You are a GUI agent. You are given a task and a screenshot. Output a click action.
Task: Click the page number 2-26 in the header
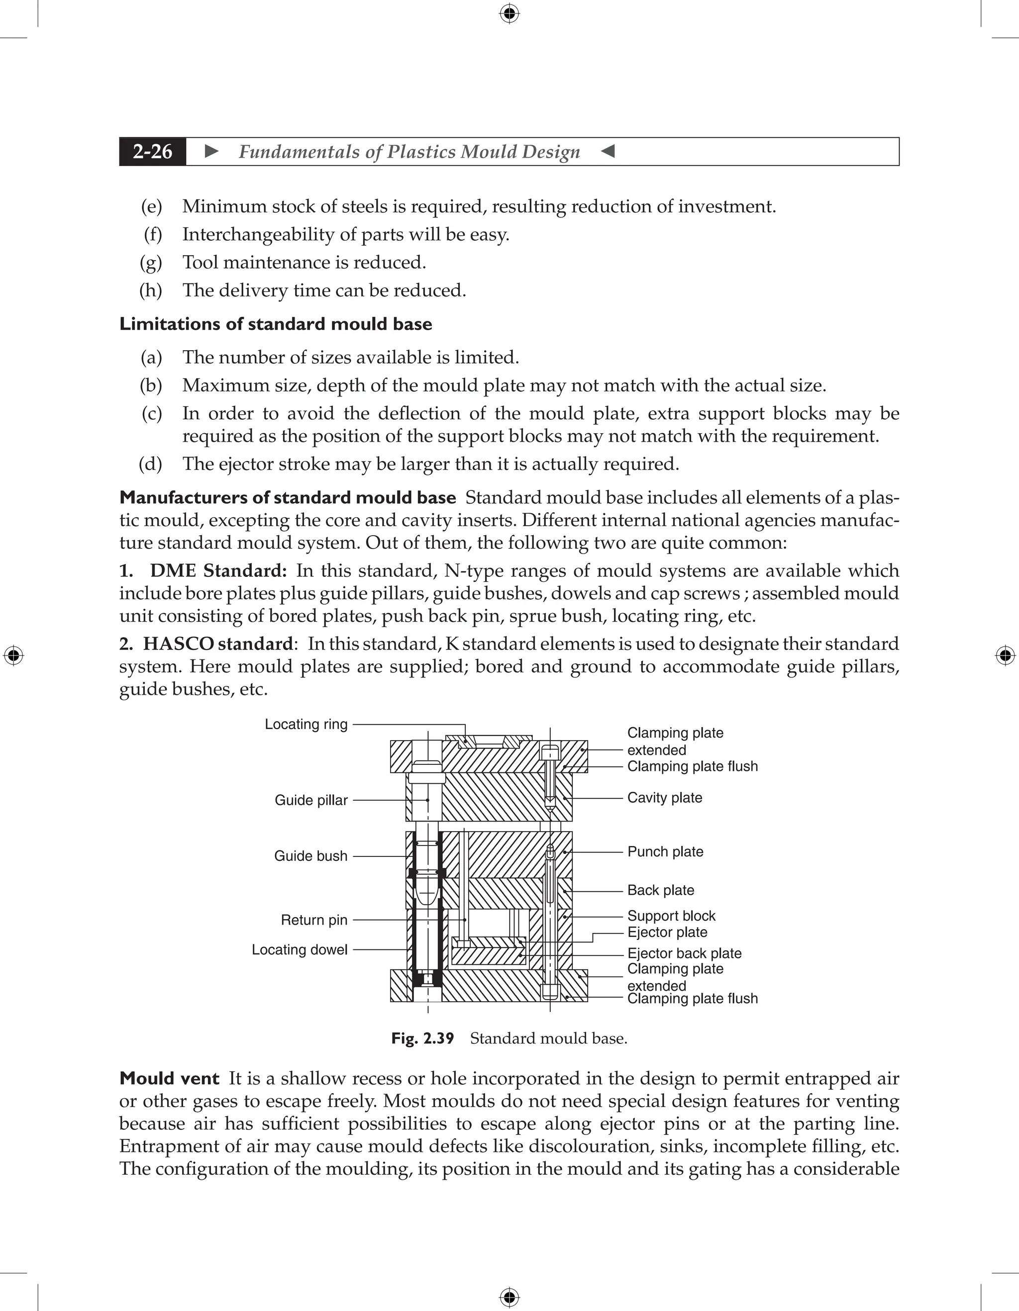pos(153,152)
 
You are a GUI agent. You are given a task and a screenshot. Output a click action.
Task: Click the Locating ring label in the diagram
pos(306,725)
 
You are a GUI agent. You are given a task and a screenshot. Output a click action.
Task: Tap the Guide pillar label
pos(311,800)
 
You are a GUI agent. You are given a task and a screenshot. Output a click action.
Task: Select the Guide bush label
pos(310,856)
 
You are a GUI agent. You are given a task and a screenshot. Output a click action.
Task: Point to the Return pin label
pos(314,920)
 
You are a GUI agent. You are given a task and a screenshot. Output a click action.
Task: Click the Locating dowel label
pos(300,949)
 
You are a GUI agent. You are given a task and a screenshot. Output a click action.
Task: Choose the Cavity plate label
pos(665,798)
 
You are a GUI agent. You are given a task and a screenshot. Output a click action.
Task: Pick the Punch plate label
pos(665,852)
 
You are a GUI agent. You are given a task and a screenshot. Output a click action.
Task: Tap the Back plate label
pos(661,890)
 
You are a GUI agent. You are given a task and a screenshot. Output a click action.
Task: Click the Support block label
pos(671,916)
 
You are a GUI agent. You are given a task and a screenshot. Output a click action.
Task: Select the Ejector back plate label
pos(685,953)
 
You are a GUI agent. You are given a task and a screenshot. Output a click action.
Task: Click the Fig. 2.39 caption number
pos(423,1038)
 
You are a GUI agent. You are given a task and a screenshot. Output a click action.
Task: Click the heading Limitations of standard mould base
pos(276,324)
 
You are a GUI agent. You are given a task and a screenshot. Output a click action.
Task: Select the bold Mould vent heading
pos(169,1079)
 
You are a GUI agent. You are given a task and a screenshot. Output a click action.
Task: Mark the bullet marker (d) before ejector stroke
pos(150,464)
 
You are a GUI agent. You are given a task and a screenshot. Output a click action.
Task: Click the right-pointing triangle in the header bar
pos(211,151)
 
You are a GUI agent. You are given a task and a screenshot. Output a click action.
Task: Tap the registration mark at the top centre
pos(509,13)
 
